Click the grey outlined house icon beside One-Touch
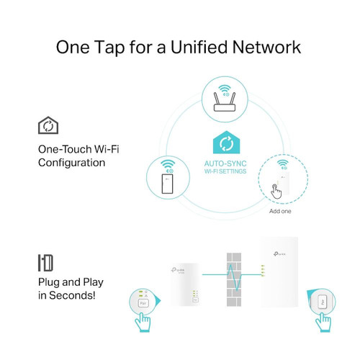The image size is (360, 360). click(48, 127)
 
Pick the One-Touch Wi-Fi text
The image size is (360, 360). click(79, 149)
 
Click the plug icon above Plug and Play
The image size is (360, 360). click(46, 262)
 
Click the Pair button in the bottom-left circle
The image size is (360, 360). click(143, 303)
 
